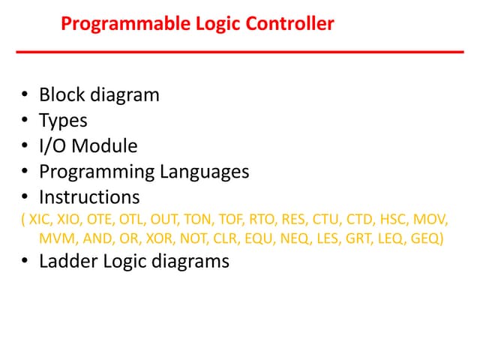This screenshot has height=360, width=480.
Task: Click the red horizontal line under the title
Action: pyautogui.click(x=240, y=52)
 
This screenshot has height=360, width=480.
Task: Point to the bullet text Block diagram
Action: pyautogui.click(x=99, y=95)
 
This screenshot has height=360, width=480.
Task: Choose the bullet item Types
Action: pyautogui.click(x=63, y=121)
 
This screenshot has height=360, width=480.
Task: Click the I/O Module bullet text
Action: pyautogui.click(x=88, y=146)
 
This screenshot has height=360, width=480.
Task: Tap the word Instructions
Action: pyautogui.click(x=89, y=197)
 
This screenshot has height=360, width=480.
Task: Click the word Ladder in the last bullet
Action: pyautogui.click(x=66, y=262)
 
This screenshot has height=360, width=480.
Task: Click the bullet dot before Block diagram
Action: pyautogui.click(x=25, y=96)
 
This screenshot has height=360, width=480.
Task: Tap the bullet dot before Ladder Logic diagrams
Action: pyautogui.click(x=25, y=262)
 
